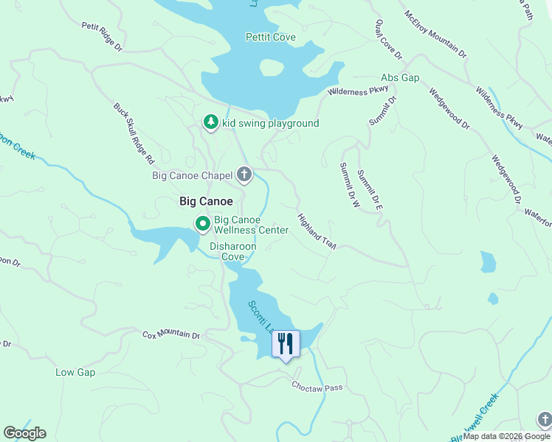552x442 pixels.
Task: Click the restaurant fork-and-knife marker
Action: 286,343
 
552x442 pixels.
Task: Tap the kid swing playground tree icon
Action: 211,123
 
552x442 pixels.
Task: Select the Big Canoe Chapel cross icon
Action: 244,175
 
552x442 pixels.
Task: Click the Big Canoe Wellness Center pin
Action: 201,223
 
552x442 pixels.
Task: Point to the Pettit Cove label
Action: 270,37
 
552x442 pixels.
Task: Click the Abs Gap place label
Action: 400,77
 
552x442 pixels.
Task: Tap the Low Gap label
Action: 75,372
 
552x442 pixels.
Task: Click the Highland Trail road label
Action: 317,231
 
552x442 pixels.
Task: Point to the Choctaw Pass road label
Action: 317,386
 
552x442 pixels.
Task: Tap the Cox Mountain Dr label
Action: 171,335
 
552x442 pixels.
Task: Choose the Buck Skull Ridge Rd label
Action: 134,133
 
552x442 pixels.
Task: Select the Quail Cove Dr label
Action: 388,40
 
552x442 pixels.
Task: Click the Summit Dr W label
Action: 349,185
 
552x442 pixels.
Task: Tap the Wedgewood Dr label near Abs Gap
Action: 449,109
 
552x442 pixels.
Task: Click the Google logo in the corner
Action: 24,433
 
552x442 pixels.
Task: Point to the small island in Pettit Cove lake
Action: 272,67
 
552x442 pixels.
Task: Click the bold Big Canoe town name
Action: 206,201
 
